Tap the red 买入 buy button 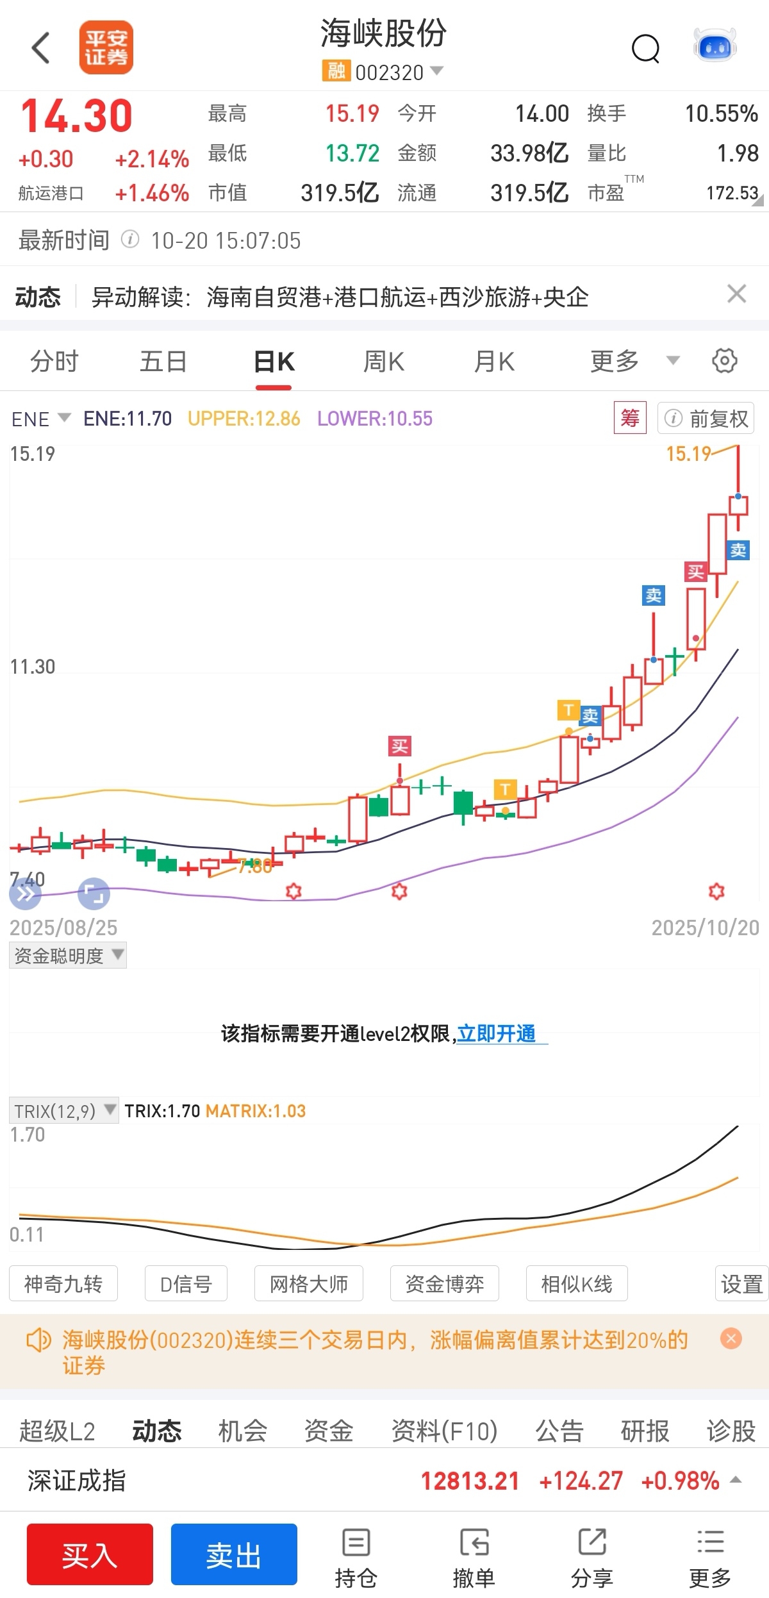(x=90, y=1554)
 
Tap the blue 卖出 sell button (x=234, y=1554)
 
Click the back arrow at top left (x=41, y=48)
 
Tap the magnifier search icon (x=645, y=48)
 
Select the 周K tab (x=383, y=362)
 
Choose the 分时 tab (x=54, y=362)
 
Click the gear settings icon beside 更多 (x=724, y=360)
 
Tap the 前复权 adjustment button (x=706, y=419)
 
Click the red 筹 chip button (x=629, y=418)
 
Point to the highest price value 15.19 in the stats (x=352, y=114)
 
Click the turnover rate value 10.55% (x=721, y=114)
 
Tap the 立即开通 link (x=497, y=1033)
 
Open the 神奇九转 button (x=63, y=1284)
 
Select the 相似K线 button (x=576, y=1284)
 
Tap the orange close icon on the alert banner (x=731, y=1338)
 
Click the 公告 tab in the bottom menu (x=559, y=1431)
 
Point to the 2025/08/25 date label (x=63, y=928)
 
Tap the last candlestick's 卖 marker (x=738, y=550)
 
